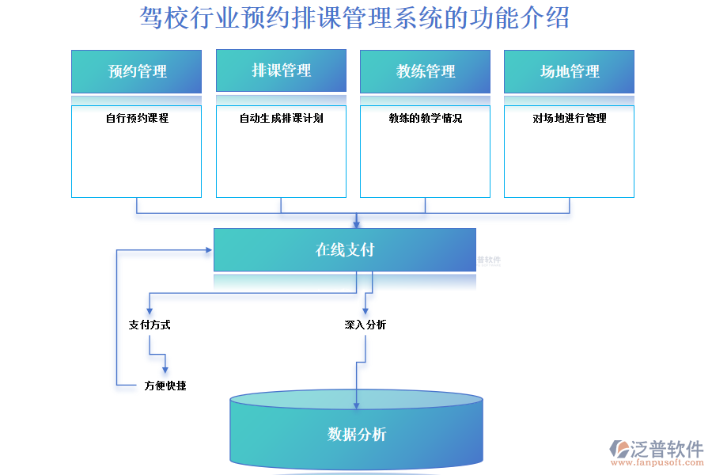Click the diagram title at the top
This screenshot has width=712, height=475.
click(x=354, y=17)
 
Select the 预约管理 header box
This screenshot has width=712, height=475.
click(x=137, y=72)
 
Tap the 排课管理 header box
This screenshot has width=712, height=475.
click(x=281, y=71)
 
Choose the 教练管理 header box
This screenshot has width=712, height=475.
click(x=426, y=72)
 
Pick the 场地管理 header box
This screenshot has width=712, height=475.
click(x=569, y=72)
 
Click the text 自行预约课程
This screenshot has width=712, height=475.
click(x=137, y=119)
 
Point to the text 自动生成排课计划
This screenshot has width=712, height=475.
click(x=281, y=119)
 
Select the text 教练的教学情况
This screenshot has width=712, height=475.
click(x=426, y=119)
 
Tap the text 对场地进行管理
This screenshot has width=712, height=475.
click(x=569, y=119)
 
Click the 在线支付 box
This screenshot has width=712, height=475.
click(x=345, y=250)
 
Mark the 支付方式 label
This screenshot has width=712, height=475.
click(x=150, y=325)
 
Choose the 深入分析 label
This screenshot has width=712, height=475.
click(x=365, y=325)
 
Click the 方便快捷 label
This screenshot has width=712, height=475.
click(x=165, y=386)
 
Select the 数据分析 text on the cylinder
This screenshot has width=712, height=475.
click(x=357, y=435)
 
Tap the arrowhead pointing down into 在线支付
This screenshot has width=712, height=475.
click(x=357, y=224)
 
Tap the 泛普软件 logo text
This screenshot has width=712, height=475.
click(x=666, y=450)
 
